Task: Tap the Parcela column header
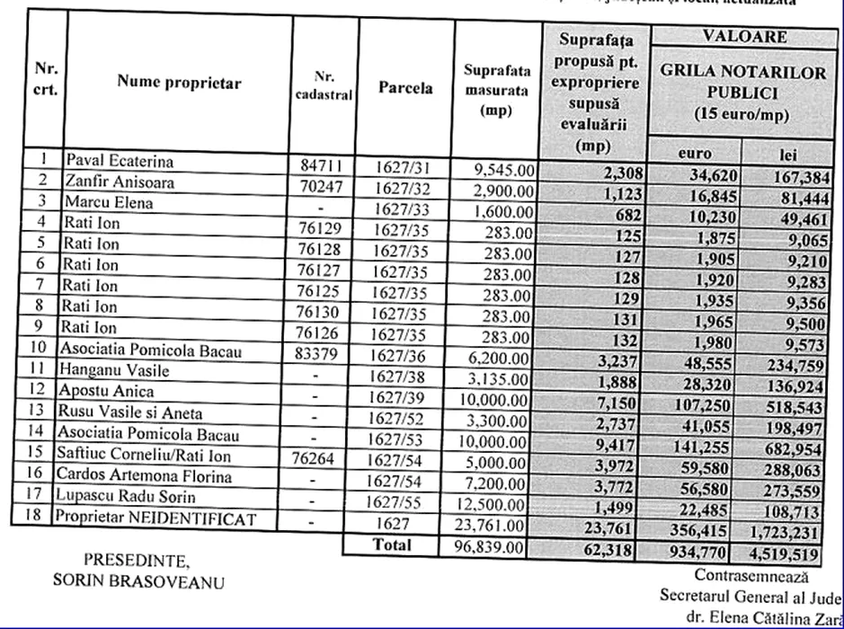tap(405, 88)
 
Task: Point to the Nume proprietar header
tap(179, 83)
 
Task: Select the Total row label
tap(392, 544)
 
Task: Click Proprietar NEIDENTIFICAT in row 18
tap(155, 518)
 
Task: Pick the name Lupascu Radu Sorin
tap(126, 497)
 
